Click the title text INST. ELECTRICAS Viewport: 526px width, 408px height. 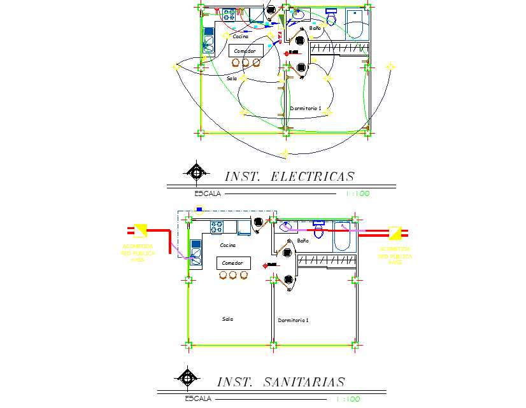click(x=289, y=176)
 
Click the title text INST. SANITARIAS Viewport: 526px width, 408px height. click(x=281, y=382)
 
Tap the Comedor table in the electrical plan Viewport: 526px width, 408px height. click(x=245, y=51)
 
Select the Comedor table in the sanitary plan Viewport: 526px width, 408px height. click(x=233, y=263)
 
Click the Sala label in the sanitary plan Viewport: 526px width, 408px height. click(x=227, y=319)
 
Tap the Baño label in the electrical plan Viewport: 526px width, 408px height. click(x=315, y=29)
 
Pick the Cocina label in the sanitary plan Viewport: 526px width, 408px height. click(x=227, y=245)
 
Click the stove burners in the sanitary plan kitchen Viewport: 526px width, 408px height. click(x=217, y=225)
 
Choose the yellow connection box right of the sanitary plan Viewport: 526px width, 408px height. click(x=395, y=232)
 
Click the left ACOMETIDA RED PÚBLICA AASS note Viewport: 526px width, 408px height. click(x=138, y=253)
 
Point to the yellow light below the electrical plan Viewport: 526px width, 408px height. click(x=285, y=153)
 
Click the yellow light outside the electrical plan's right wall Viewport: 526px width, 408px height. click(x=390, y=67)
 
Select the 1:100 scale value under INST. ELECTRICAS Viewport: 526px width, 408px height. click(x=357, y=193)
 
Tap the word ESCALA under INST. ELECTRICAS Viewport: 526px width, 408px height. click(x=208, y=193)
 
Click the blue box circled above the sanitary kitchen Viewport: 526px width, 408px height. click(x=199, y=209)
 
